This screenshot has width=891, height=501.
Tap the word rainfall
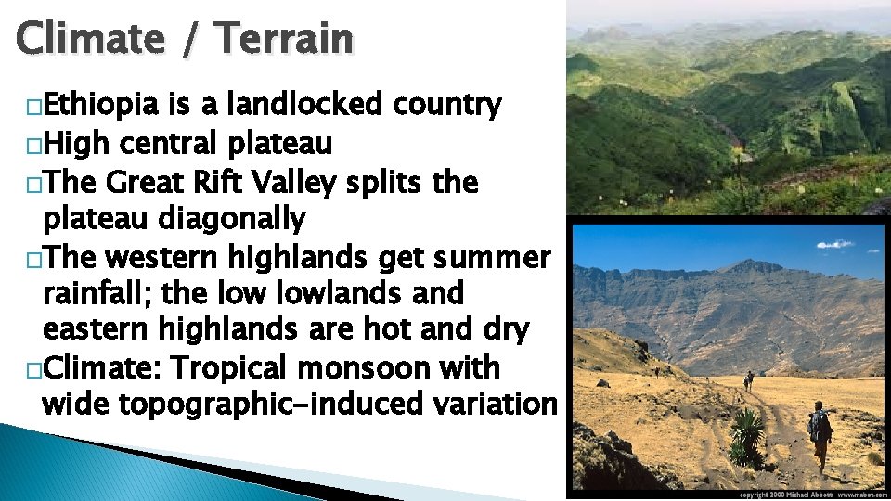pyautogui.click(x=100, y=293)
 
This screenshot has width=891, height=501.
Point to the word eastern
pyautogui.click(x=97, y=329)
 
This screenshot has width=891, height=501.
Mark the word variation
pyautogui.click(x=492, y=405)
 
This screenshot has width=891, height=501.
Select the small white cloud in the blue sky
pyautogui.click(x=834, y=245)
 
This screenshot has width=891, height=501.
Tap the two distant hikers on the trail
pyautogui.click(x=748, y=379)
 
